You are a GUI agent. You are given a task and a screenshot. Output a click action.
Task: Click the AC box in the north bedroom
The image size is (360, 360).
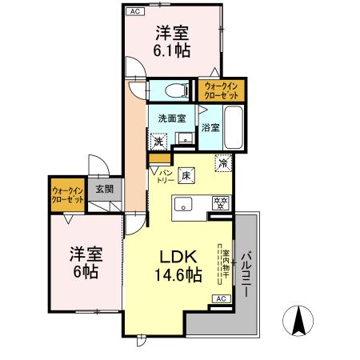pos(136,12)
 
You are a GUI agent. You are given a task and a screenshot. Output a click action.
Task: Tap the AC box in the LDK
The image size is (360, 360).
pos(221,298)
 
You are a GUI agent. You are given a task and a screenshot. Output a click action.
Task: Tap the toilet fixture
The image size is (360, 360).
pos(173,89)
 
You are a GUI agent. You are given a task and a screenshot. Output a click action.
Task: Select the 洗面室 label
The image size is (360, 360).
pos(171,118)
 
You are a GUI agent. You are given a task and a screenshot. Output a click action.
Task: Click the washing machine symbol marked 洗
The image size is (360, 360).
pos(159,141)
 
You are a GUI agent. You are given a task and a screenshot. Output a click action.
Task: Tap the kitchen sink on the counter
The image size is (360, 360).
pos(182,203)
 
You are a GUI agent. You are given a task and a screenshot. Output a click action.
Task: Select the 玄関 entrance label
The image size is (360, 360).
pos(104,190)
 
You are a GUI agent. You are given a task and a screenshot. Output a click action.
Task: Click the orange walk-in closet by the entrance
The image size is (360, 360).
pos(68,195)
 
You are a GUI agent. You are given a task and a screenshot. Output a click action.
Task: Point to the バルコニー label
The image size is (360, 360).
pos(247,273)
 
